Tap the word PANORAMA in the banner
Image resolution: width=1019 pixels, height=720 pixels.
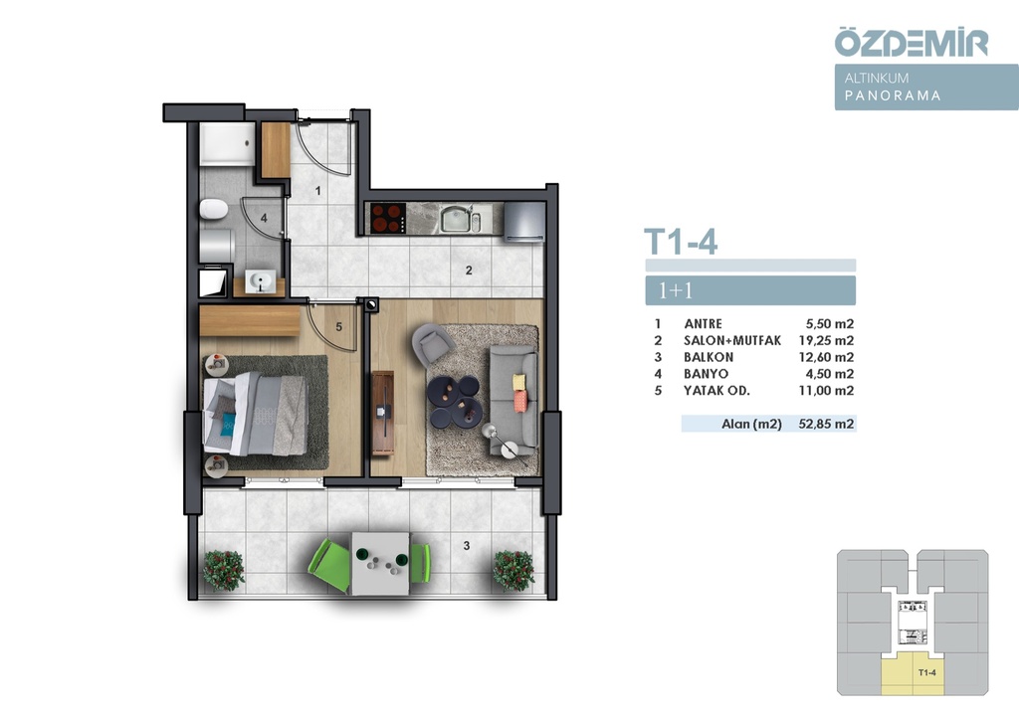[893, 95]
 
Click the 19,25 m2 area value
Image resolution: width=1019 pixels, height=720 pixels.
[826, 340]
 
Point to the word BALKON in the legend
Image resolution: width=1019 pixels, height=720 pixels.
[709, 357]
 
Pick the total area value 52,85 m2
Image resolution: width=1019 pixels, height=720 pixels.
[826, 424]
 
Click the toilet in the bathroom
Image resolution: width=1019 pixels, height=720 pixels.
[213, 209]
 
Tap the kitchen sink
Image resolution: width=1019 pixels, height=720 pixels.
[458, 218]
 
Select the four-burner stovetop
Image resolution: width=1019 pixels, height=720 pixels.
[387, 218]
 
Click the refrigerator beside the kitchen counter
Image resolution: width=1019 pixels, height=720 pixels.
[523, 222]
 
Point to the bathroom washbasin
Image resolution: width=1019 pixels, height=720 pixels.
[261, 281]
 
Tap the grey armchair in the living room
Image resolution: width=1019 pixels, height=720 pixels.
[430, 343]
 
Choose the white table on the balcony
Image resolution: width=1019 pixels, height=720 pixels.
[380, 564]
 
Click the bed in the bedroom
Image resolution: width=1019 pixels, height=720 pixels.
[256, 414]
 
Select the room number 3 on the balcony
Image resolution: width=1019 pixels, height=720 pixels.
[467, 546]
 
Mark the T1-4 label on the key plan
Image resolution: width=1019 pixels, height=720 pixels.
[927, 672]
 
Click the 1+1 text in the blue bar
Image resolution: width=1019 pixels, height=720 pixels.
[676, 290]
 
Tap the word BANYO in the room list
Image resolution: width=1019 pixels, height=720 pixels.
[706, 374]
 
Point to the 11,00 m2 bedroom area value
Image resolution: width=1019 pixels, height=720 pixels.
[826, 390]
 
